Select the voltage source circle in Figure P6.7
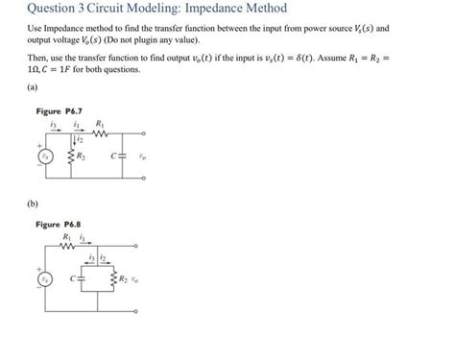click(x=42, y=156)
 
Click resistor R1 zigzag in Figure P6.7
click(x=101, y=133)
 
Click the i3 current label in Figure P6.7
click(x=55, y=124)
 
